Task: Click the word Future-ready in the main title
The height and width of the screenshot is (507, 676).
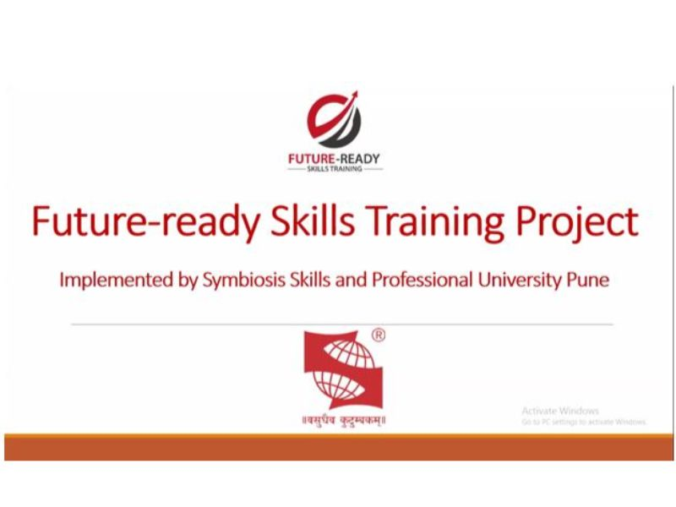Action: pyautogui.click(x=146, y=221)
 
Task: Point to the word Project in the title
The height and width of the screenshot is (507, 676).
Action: pyautogui.click(x=577, y=222)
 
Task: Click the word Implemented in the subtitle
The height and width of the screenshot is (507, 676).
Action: pyautogui.click(x=116, y=281)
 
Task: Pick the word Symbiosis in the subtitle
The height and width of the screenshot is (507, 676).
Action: pyautogui.click(x=244, y=281)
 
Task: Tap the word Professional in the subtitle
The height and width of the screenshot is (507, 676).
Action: pyautogui.click(x=422, y=280)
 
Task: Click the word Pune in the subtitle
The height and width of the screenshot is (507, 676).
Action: pyautogui.click(x=587, y=280)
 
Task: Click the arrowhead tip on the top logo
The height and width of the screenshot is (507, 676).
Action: pyautogui.click(x=357, y=91)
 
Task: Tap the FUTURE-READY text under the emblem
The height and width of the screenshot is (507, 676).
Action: pyautogui.click(x=334, y=159)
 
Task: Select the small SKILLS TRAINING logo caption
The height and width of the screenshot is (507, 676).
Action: pyautogui.click(x=334, y=168)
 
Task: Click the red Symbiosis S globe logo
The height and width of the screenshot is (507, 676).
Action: pyautogui.click(x=343, y=370)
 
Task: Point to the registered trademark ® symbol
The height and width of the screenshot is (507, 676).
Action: pyautogui.click(x=379, y=335)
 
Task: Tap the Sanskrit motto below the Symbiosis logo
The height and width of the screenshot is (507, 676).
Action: pyautogui.click(x=344, y=420)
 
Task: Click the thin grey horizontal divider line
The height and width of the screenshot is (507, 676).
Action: pyautogui.click(x=342, y=324)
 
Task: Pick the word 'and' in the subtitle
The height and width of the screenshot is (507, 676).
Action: pyautogui.click(x=351, y=280)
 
